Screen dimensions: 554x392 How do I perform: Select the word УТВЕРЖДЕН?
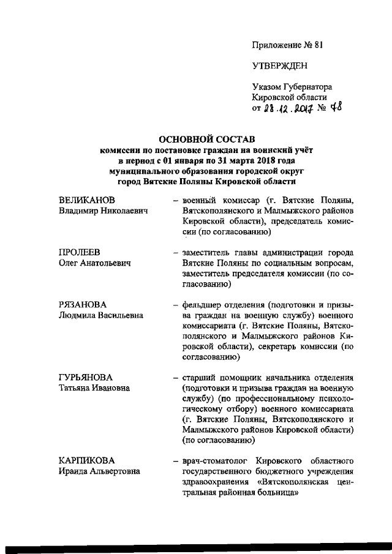click(x=280, y=66)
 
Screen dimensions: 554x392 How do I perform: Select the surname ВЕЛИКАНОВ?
click(x=87, y=200)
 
